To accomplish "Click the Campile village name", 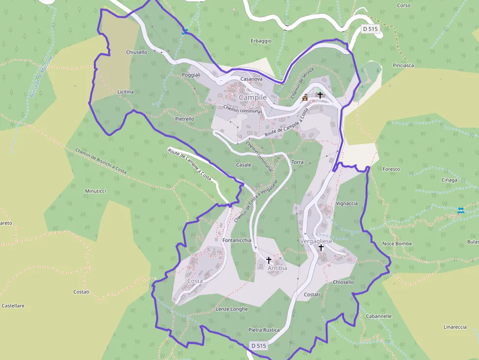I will [x=253, y=97].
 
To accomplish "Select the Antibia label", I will [x=277, y=268].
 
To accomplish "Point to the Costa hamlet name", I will [x=195, y=281].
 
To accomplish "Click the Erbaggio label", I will [x=261, y=41].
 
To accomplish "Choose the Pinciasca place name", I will [x=403, y=65].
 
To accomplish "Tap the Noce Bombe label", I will [x=397, y=243].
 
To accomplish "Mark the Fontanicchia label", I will [x=237, y=240].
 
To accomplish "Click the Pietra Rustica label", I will [x=264, y=330].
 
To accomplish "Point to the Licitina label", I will [x=126, y=92].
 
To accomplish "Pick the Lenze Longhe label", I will [x=232, y=309].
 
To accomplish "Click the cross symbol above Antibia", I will [x=268, y=260].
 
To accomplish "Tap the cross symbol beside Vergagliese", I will [x=321, y=248].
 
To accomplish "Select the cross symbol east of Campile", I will [x=320, y=95].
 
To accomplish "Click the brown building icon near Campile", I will [x=305, y=97].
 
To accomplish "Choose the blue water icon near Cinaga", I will [x=460, y=211].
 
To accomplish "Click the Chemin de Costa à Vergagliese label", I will [x=256, y=201].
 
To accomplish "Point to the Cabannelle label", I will [x=378, y=316].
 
